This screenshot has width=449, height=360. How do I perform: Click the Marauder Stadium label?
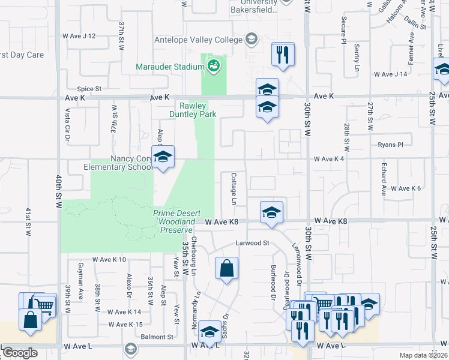(x=170, y=67)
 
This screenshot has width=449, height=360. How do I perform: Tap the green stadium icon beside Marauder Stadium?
(x=213, y=66)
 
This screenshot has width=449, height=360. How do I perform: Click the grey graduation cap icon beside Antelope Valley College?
(x=252, y=40)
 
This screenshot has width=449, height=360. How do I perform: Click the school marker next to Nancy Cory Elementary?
(x=163, y=158)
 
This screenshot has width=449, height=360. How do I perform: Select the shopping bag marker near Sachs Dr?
(x=227, y=269)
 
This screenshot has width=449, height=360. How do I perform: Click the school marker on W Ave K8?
(x=271, y=213)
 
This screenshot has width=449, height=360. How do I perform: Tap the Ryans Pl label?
(x=390, y=145)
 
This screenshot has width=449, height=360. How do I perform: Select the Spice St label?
(x=89, y=88)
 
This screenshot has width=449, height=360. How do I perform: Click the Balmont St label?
(x=157, y=337)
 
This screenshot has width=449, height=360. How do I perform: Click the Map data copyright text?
(x=424, y=355)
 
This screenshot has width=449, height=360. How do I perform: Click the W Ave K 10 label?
(x=109, y=260)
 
